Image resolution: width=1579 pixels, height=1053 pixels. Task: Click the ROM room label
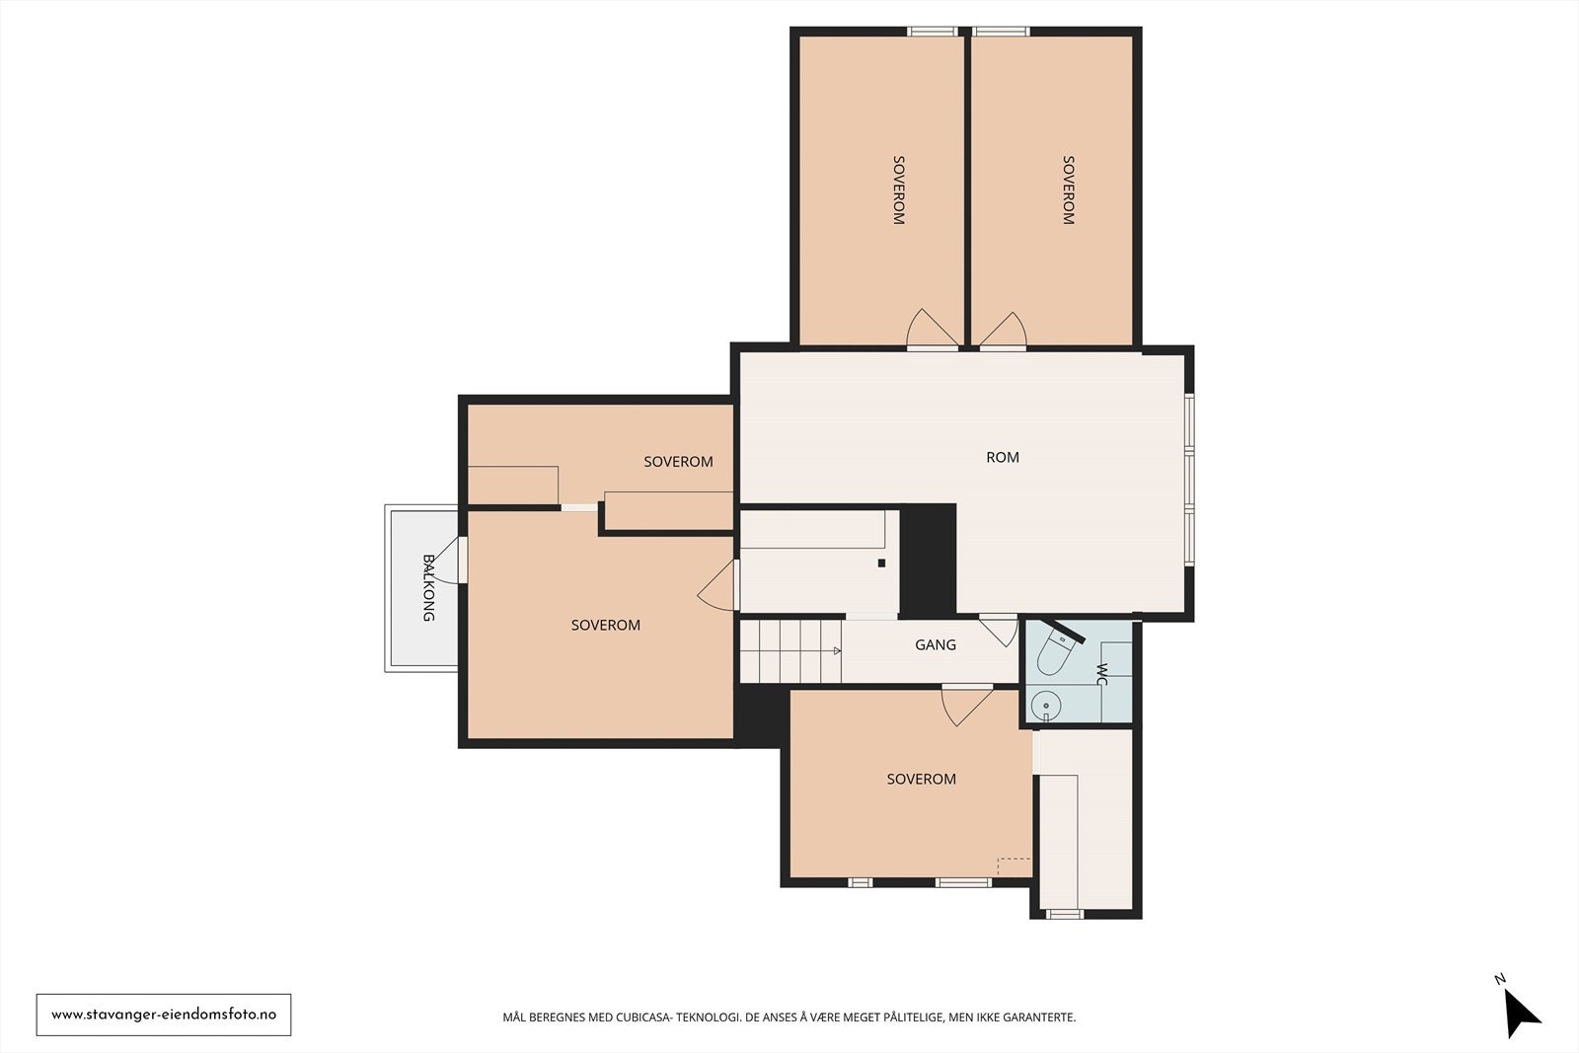[1003, 458]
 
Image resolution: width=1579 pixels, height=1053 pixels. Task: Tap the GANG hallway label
[936, 644]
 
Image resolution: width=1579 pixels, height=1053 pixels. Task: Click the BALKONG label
[428, 588]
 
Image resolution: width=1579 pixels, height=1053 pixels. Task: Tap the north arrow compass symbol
[1521, 1013]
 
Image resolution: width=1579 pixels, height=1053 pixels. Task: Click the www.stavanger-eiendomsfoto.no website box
[164, 1015]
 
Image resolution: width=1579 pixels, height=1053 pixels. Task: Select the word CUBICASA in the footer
[644, 1017]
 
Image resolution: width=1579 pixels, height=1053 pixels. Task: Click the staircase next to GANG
[790, 650]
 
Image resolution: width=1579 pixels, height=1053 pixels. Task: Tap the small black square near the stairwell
[881, 564]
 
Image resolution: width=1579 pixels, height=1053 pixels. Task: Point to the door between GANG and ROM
[999, 630]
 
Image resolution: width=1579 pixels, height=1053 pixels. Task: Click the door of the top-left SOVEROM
[932, 330]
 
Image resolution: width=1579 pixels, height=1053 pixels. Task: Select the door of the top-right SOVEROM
[1003, 331]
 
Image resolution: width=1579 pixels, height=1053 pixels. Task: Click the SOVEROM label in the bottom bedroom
[922, 779]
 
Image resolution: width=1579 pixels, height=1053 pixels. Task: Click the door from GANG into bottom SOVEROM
[967, 705]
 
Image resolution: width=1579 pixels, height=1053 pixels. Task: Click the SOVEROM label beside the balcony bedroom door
[606, 625]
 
